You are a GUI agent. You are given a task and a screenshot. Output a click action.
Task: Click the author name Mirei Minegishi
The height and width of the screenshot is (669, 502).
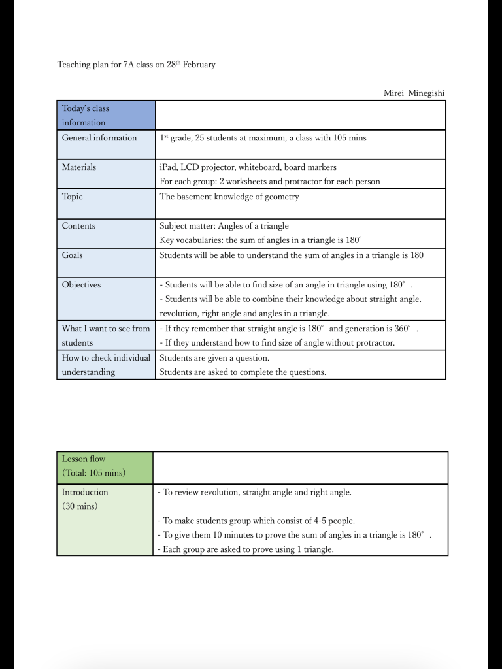pos(414,93)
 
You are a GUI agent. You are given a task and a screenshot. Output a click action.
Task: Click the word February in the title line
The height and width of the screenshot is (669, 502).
pos(199,65)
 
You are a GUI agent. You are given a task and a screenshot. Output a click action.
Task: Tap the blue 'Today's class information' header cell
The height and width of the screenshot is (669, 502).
pos(106,115)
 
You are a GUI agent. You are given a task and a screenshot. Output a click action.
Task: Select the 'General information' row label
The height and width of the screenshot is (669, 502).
pos(99,138)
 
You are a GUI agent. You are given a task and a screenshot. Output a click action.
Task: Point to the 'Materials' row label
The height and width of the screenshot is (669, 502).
pos(79,167)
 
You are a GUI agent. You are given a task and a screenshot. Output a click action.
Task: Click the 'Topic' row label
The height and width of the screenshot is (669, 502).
pos(73,197)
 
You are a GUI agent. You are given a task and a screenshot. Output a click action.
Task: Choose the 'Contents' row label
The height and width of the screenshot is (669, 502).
pos(78,226)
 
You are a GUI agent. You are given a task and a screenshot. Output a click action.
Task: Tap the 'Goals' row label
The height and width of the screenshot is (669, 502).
pos(73,255)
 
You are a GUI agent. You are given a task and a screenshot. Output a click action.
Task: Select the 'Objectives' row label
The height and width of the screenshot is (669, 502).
pos(82,285)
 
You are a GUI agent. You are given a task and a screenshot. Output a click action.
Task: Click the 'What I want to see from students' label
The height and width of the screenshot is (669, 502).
pos(106,335)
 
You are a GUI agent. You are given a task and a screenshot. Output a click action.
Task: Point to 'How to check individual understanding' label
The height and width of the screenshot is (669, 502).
pos(106,365)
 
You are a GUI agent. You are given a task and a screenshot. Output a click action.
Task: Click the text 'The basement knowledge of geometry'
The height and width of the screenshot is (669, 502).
pos(229,197)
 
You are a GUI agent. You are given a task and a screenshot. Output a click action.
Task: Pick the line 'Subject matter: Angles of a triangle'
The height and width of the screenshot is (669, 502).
pos(224,226)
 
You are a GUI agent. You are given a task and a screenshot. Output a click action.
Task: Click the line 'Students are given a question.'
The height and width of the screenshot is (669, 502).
pos(214,358)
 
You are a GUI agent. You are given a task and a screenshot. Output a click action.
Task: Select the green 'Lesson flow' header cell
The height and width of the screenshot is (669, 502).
pos(105,466)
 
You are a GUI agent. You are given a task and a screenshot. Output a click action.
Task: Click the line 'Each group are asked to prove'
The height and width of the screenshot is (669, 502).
pos(246,549)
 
